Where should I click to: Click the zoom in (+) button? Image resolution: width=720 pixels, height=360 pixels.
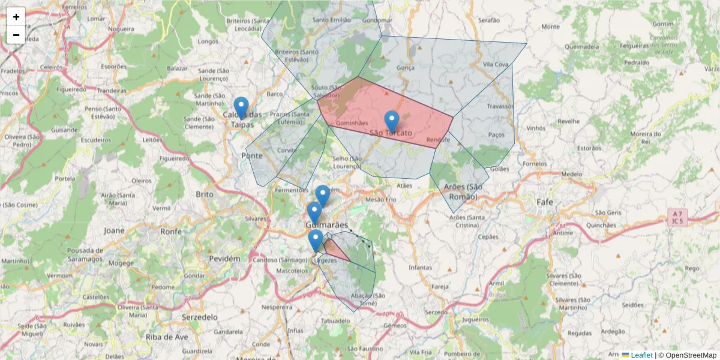click(16, 17)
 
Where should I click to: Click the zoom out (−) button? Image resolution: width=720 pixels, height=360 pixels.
click(16, 35)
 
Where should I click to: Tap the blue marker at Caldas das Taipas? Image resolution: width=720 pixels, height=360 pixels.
click(241, 108)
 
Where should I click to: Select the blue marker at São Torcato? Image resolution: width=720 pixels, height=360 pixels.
click(392, 122)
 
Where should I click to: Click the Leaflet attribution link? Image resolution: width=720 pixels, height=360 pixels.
click(641, 355)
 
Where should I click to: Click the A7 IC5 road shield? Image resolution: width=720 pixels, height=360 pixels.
click(677, 217)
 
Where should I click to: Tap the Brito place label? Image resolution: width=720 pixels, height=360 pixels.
click(205, 194)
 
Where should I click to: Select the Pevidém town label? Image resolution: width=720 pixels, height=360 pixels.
click(224, 258)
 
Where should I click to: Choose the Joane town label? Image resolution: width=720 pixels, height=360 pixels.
click(114, 230)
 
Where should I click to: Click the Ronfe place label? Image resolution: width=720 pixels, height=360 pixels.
click(170, 231)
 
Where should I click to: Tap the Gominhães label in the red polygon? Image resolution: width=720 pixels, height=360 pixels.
click(352, 122)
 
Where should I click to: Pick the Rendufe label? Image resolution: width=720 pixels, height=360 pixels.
click(437, 140)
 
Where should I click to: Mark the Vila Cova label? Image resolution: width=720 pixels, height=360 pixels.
click(496, 64)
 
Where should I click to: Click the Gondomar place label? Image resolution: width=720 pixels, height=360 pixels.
click(377, 20)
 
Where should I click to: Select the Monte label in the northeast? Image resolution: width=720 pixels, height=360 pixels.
click(550, 26)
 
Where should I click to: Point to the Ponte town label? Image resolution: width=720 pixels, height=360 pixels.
click(252, 155)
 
